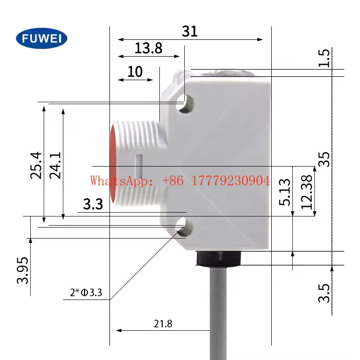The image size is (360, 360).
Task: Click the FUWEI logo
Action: [x=42, y=38]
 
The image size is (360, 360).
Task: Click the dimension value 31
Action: [x=190, y=31]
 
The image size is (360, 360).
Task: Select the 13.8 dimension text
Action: [x=148, y=48]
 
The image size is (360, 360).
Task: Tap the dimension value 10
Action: [x=135, y=72]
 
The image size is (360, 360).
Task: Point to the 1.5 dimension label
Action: [x=325, y=58]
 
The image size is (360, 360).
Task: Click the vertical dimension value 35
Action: [x=325, y=159]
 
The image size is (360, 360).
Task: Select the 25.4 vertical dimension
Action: [x=36, y=165]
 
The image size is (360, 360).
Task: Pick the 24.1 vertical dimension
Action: [x=55, y=165]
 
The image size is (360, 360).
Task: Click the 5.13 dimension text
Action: [x=284, y=192]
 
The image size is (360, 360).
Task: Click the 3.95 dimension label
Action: [x=23, y=270]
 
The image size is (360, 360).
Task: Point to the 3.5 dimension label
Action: [x=325, y=293]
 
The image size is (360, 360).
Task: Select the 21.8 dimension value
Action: [x=163, y=324]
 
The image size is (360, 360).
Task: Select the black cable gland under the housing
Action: [x=223, y=258]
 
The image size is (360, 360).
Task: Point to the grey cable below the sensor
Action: [x=222, y=312]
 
